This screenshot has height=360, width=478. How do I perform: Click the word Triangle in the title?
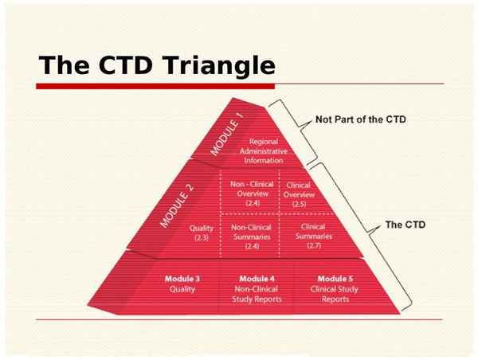[219, 66]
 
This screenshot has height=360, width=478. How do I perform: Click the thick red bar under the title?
[155, 86]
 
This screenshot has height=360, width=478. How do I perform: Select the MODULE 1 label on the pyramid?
[227, 134]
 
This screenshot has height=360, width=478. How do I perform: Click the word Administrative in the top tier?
[264, 151]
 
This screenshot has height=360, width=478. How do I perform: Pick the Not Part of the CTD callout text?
[361, 119]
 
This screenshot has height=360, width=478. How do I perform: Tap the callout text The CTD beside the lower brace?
[406, 225]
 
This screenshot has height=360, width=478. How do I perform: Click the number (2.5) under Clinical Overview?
[299, 204]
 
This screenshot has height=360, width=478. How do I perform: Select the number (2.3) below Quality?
[202, 237]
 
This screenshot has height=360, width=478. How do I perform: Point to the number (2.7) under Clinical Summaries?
[314, 245]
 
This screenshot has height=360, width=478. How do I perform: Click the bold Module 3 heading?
[182, 279]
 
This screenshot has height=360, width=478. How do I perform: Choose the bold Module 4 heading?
[257, 279]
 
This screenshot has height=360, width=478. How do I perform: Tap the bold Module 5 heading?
[335, 279]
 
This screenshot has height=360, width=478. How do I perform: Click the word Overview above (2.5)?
[299, 194]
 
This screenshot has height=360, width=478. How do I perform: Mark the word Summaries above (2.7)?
[314, 236]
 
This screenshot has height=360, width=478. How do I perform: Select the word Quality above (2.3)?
[202, 228]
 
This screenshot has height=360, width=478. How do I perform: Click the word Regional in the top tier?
[264, 142]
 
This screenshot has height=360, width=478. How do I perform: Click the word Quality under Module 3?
[182, 289]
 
